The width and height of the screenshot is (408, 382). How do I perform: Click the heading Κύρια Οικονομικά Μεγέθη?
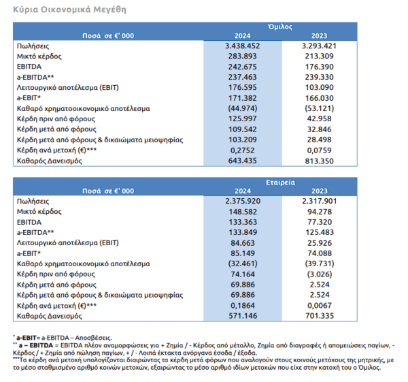(70, 10)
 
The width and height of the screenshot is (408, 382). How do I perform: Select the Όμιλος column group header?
(280, 27)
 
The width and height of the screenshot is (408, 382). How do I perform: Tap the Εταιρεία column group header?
(280, 182)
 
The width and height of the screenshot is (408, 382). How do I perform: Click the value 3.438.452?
(243, 46)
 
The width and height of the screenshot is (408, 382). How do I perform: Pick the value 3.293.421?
(320, 46)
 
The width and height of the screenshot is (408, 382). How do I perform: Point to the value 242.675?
(243, 67)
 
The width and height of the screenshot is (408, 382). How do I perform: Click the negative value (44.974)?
(243, 108)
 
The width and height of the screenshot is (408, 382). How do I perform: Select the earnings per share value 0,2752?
(243, 150)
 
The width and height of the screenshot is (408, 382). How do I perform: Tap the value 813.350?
(320, 161)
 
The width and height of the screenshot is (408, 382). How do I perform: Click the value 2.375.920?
(243, 201)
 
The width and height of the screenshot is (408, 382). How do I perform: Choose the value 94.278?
(320, 212)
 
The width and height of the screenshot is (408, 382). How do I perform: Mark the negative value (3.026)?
(320, 274)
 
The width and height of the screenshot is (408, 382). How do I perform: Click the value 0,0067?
(320, 305)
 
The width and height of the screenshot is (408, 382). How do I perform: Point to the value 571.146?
(243, 316)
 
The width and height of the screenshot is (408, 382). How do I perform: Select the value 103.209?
(243, 140)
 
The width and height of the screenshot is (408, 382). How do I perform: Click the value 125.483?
(320, 232)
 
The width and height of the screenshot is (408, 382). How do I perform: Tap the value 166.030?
(320, 98)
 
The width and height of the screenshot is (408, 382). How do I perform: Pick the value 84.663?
(243, 243)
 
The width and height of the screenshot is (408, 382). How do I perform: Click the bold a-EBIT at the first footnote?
(27, 338)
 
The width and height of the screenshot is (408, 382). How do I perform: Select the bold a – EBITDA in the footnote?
(36, 345)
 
